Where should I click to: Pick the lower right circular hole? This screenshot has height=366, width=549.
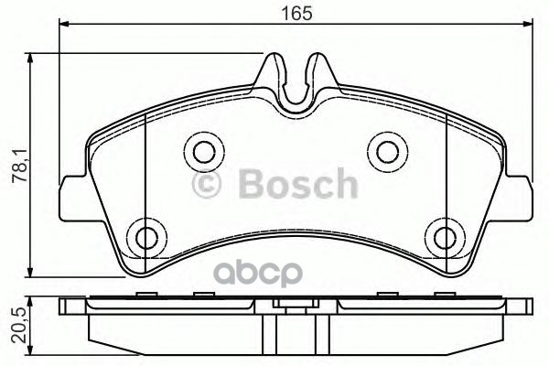coord(447,237)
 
